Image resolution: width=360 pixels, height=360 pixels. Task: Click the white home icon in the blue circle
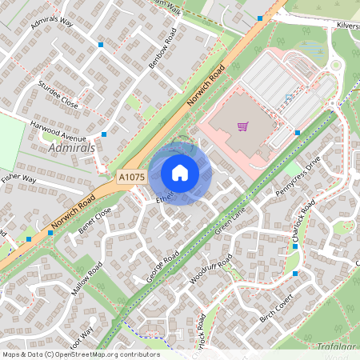[x=180, y=173]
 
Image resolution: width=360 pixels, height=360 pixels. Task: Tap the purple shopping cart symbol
[x=242, y=126]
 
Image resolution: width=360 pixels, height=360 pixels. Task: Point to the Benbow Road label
[x=162, y=50]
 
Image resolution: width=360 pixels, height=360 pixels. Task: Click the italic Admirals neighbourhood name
[x=72, y=149]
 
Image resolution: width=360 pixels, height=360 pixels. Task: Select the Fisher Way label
[x=18, y=178]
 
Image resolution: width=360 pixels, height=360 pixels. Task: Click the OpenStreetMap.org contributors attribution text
[x=108, y=354]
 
